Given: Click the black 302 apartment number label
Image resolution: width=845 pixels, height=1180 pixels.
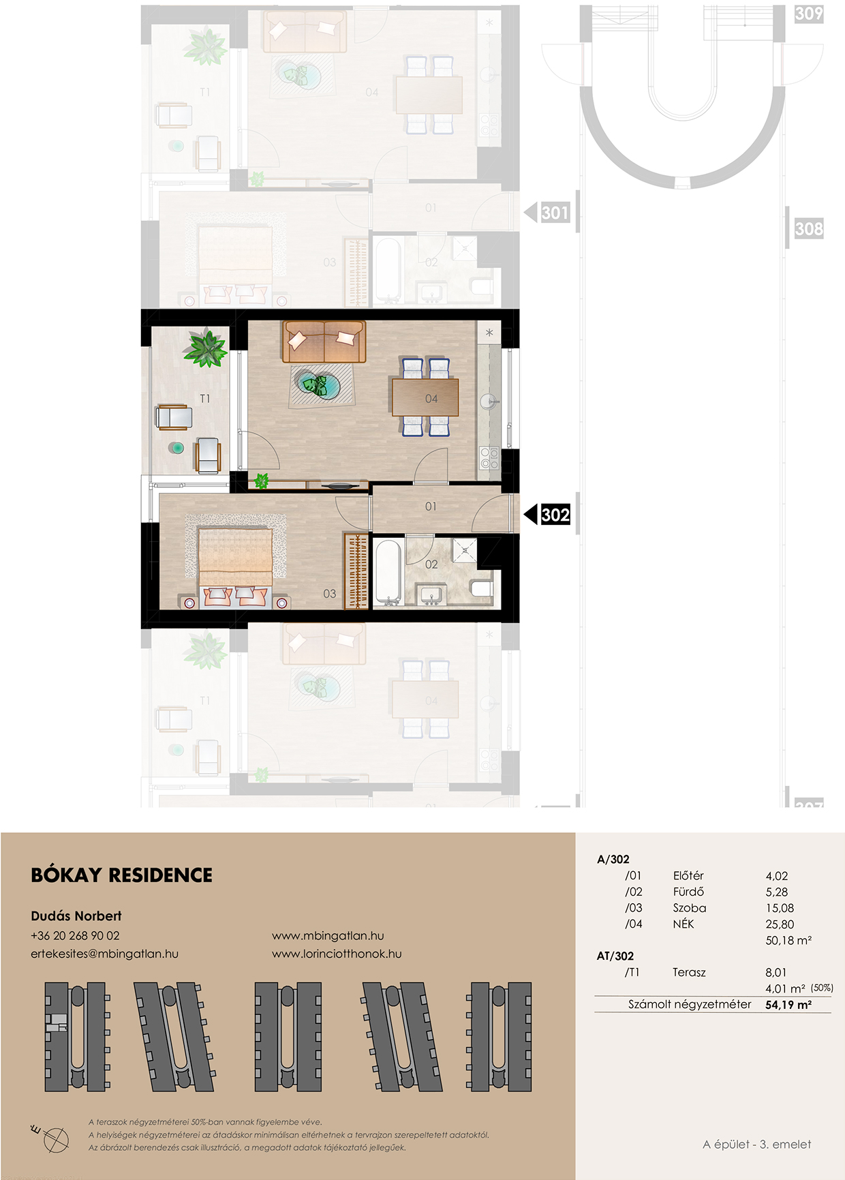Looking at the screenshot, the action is [555, 514].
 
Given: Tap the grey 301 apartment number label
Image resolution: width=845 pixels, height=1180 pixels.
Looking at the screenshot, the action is [555, 213].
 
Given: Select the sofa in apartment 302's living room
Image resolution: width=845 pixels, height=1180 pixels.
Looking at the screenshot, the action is [324, 342].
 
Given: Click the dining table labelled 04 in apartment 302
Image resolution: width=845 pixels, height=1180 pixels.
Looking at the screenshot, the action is [425, 397].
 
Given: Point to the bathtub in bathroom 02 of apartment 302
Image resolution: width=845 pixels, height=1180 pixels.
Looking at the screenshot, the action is [387, 572].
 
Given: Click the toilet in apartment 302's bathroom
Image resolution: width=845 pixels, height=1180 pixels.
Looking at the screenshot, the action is [482, 588].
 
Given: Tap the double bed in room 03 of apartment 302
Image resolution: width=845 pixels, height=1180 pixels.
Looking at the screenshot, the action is [235, 562].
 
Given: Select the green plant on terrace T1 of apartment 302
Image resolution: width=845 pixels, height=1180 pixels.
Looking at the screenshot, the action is [205, 348].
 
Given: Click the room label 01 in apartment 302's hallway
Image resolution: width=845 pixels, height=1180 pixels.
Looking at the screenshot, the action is [431, 506].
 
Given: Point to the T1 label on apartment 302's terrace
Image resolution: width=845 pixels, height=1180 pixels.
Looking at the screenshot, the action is [204, 398].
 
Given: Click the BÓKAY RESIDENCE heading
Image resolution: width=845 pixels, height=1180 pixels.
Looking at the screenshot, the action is [122, 875].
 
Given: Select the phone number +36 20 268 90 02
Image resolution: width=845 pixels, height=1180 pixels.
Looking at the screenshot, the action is [75, 936].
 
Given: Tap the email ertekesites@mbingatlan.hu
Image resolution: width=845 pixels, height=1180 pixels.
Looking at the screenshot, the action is [104, 954].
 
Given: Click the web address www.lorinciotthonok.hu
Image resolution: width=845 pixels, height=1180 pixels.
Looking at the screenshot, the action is [337, 954].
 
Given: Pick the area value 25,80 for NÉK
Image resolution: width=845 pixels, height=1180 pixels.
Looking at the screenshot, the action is [780, 924].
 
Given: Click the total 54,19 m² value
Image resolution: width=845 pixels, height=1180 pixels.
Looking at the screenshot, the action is [788, 1005].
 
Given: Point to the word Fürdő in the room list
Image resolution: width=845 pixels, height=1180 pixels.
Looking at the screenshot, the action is [688, 892].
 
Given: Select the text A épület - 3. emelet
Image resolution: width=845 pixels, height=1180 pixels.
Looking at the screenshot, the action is [757, 1145].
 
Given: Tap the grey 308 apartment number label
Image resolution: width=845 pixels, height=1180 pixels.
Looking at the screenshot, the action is [809, 228].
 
